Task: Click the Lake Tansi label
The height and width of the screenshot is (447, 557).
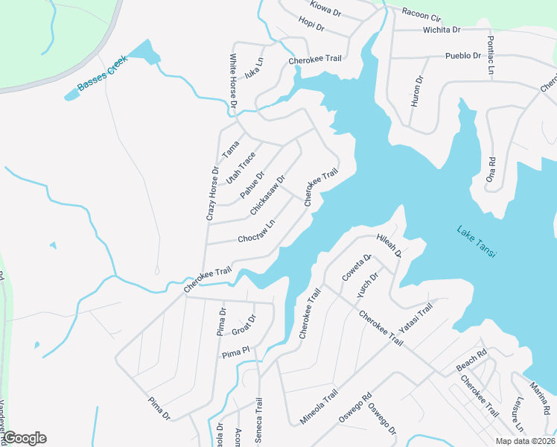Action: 477,243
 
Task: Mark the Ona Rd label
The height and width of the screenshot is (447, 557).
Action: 491,170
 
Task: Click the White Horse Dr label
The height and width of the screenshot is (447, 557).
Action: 233,81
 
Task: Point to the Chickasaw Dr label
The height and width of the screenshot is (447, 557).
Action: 268,195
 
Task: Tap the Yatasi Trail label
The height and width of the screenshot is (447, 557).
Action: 416,320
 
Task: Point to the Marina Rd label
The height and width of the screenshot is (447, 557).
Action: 540,399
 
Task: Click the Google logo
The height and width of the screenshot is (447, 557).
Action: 25,438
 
